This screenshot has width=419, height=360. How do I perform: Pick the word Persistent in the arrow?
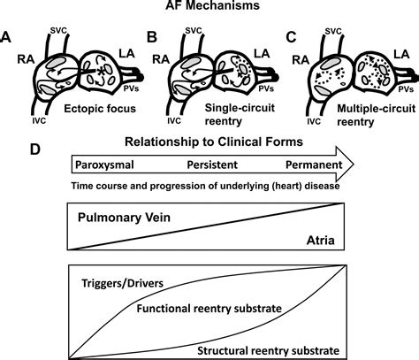click(x=215, y=165)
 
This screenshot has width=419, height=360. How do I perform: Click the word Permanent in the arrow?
click(x=319, y=165)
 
